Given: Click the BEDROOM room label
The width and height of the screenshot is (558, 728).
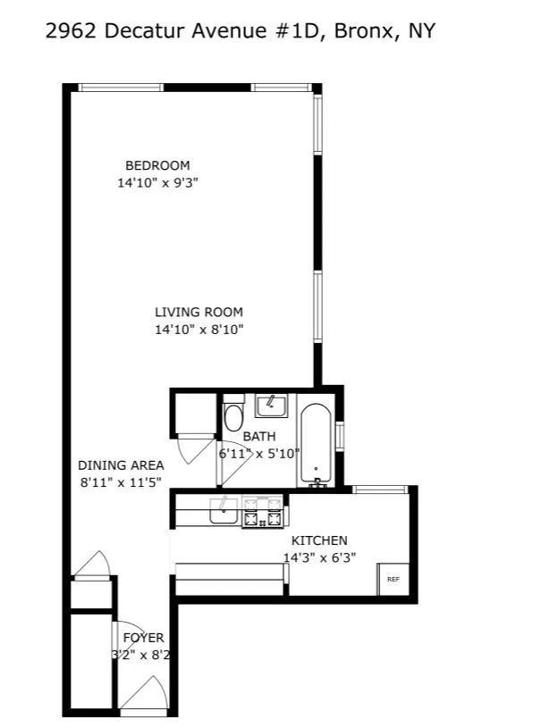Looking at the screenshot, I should tap(157, 165).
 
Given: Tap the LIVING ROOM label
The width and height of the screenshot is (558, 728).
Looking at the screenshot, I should tap(199, 313).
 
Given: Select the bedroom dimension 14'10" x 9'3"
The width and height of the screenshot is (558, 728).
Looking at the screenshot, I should tap(157, 183).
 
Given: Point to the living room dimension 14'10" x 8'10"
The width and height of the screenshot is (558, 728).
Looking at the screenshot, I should tap(199, 330).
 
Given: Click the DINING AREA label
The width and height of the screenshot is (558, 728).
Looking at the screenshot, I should tap(121, 465).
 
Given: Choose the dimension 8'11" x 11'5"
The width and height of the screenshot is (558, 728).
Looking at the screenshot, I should tap(121, 482).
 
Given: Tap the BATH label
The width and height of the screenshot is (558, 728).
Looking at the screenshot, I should tap(259, 437).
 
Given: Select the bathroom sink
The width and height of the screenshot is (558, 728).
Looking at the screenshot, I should tap(270, 406).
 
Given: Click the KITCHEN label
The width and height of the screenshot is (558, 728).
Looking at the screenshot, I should tap(319, 540).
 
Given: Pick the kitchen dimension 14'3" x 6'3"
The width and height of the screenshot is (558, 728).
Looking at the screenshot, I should tap(319, 557).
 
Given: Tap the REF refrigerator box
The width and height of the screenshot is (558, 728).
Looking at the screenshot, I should tap(393, 579).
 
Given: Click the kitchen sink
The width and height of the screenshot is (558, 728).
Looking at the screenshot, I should tap(222, 512).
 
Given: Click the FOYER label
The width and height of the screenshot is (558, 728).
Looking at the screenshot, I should tap(143, 638).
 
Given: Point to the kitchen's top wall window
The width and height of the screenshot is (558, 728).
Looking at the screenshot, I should tap(381, 489).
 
